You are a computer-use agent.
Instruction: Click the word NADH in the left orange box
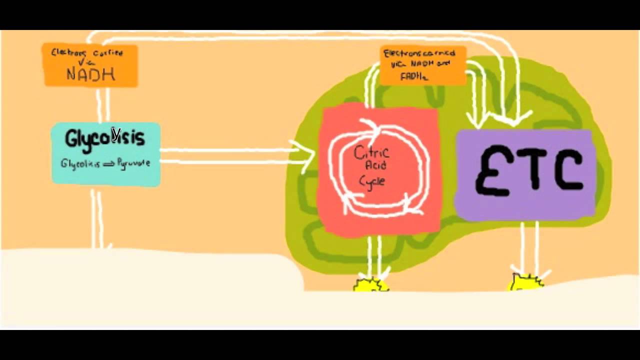(90, 75)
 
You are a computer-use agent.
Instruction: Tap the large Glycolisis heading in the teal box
(104, 137)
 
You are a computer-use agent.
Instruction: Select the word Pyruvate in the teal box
(133, 163)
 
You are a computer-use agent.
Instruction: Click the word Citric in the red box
(371, 152)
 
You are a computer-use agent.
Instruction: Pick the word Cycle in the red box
(372, 180)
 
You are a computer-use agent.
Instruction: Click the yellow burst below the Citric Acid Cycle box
(370, 285)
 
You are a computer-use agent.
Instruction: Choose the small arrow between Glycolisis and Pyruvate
(108, 164)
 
